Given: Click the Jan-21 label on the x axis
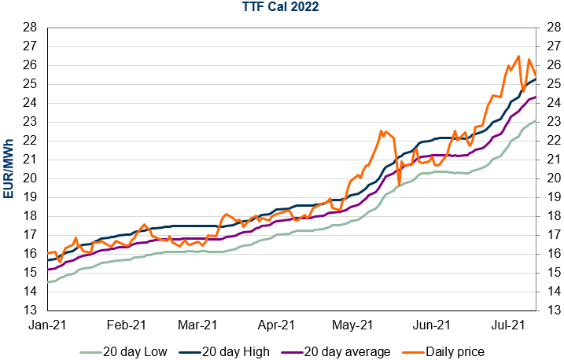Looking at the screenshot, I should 48,324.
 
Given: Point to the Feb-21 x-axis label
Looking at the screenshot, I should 126,324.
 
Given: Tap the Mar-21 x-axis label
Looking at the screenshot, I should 197,324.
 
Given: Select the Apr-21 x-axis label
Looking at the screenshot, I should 275,324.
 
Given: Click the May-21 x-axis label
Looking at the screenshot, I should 352,324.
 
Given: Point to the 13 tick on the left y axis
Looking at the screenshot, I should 28,310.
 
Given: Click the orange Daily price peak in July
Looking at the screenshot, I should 518,56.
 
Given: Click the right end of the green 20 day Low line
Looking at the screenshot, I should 536,121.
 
